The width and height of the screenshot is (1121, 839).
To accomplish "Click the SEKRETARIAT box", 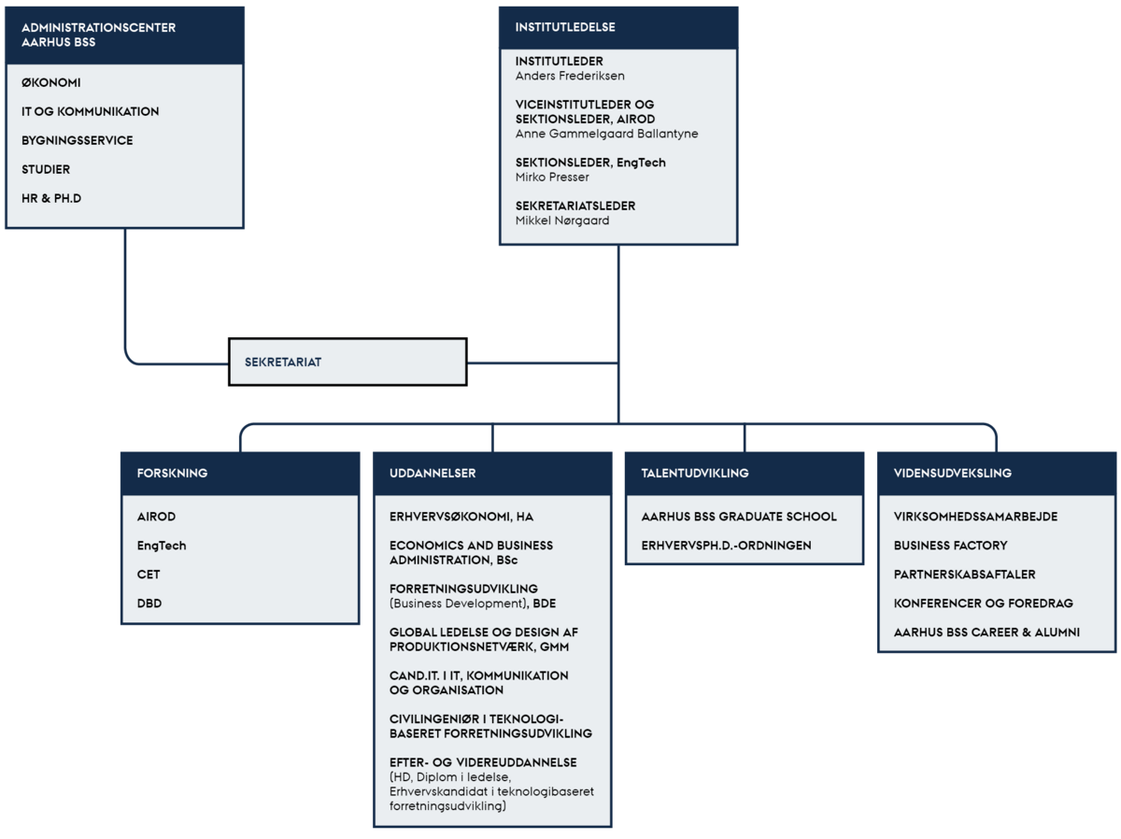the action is pos(348,362).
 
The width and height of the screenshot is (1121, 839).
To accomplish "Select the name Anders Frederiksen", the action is pos(570,76).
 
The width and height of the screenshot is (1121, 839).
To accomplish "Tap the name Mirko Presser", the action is pos(552,178).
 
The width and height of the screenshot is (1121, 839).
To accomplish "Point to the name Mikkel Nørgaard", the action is pos(561,220).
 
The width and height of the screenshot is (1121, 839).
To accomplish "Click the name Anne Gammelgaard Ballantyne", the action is pos(606,134).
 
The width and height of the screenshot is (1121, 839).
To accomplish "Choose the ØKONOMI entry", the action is pos(51,83).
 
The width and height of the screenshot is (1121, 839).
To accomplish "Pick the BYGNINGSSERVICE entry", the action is pos(78,140).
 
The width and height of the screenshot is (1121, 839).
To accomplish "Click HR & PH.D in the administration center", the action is pos(51,198).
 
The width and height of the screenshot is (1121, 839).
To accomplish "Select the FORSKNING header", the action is pos(172,473).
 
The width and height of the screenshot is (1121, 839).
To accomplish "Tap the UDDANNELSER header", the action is pos(433,473).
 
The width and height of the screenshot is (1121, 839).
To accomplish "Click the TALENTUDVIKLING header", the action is pos(695,473).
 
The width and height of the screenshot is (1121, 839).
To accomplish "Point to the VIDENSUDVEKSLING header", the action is pos(953,473).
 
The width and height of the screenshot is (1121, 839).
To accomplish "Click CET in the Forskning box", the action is pos(149,575).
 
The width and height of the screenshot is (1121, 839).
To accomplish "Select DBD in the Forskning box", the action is pos(149,603).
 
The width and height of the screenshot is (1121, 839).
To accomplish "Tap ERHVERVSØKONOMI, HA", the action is pos(461,517).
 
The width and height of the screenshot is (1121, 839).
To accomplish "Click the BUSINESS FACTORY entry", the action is pos(950,546).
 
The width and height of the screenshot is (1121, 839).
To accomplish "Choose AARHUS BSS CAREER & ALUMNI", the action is pos(986,633).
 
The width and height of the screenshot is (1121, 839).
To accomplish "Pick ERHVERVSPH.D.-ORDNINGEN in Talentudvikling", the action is pos(726,546).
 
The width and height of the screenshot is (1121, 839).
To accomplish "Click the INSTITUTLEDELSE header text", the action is pos(565,27).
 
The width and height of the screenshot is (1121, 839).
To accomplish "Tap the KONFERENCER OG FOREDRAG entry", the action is pos(983,603).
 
